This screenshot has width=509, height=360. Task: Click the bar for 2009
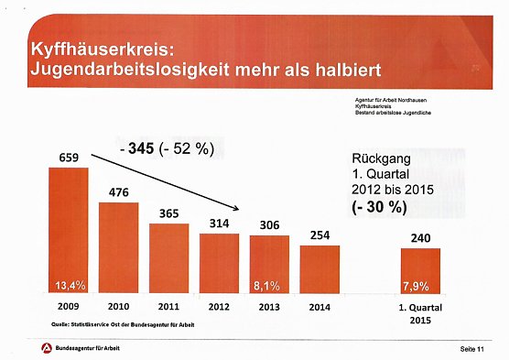coord(69,229)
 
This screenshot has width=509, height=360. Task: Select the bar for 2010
coord(118,247)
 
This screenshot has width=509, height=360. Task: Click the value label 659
coord(69,158)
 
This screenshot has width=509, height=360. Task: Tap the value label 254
coord(319,235)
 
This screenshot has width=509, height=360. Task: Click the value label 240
coord(420,238)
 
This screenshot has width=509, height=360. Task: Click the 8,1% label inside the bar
coord(268,284)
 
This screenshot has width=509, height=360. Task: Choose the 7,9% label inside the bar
coord(420,284)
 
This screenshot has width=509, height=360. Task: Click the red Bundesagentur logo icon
coord(46,349)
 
